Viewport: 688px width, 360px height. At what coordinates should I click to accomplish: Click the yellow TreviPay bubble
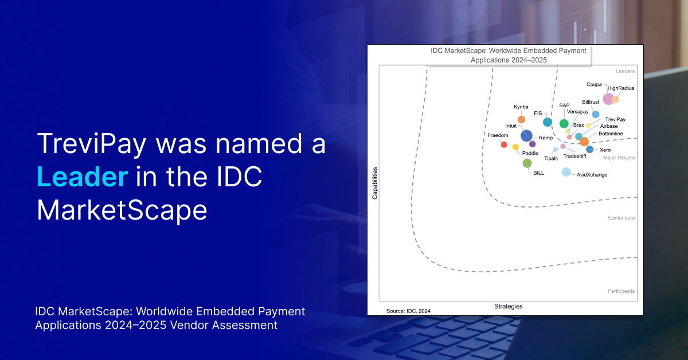point(588,126)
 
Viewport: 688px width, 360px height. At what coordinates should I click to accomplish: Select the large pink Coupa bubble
point(608,99)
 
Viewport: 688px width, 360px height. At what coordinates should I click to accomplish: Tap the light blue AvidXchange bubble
point(566,172)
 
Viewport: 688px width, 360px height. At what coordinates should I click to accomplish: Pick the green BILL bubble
point(527,163)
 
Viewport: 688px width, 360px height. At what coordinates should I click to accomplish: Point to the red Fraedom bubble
point(504,144)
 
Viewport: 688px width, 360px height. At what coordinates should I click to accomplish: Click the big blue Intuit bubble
point(526,135)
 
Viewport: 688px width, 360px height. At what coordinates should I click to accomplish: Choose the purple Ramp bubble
point(532,144)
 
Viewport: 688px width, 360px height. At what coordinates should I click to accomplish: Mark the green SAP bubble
point(564,123)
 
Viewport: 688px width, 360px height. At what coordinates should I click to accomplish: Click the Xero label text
point(605,150)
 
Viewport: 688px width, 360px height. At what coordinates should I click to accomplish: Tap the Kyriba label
point(521,107)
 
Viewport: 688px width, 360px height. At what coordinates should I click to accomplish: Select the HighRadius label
point(621,88)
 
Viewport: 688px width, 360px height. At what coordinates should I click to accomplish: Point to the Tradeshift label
point(574,156)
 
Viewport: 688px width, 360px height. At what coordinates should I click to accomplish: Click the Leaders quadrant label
point(625,71)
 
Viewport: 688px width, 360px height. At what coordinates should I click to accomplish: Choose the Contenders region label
point(621,218)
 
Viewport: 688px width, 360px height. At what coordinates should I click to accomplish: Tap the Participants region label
point(621,291)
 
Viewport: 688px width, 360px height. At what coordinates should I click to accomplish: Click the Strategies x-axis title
point(509,306)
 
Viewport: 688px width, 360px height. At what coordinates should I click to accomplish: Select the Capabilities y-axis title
point(375,183)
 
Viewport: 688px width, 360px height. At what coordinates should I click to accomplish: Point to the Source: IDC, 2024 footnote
point(408,311)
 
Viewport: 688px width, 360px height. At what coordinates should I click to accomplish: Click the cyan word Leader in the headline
point(83,177)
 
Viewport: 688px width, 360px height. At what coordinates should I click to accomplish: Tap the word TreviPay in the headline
point(92,144)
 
